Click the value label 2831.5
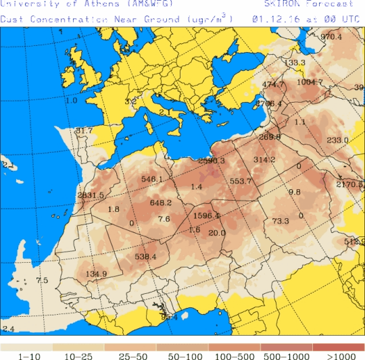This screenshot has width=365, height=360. point(91,195)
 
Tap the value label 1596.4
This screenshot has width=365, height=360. point(207,215)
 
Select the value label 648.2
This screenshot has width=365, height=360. point(161,202)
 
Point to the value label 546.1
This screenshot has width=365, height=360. point(152,179)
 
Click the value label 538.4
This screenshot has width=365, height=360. point(145,257)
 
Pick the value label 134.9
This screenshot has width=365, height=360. point(97,274)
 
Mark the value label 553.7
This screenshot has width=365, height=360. point(241,181)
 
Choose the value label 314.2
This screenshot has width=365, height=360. point(264,159)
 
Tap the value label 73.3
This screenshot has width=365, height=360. point(281,221)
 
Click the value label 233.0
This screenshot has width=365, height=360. point(337,140)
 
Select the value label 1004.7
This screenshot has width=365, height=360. point(310,82)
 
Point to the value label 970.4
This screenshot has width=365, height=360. point(331,36)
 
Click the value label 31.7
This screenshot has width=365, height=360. point(84,130)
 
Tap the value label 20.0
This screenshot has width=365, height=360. point(217,233)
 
